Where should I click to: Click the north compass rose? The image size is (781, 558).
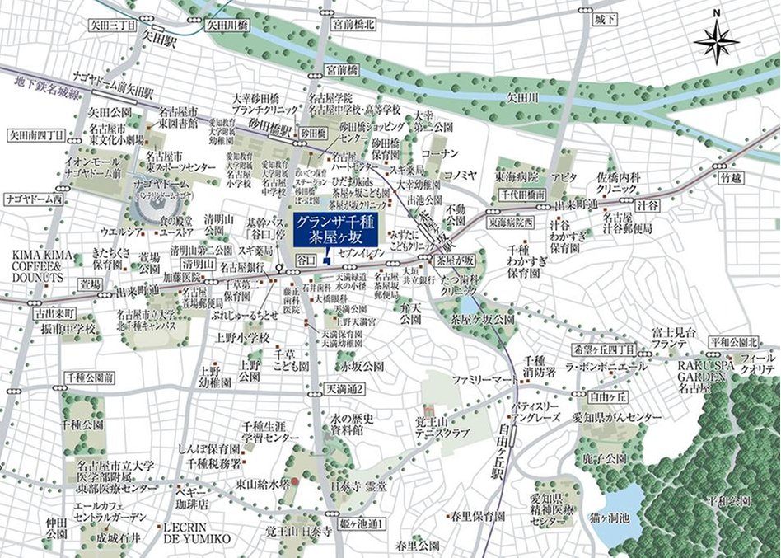[x=716, y=40]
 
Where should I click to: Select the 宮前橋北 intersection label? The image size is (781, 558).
[x=352, y=26]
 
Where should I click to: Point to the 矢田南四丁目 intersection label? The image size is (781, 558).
[x=35, y=134]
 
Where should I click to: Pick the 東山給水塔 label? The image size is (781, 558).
[x=264, y=484]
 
